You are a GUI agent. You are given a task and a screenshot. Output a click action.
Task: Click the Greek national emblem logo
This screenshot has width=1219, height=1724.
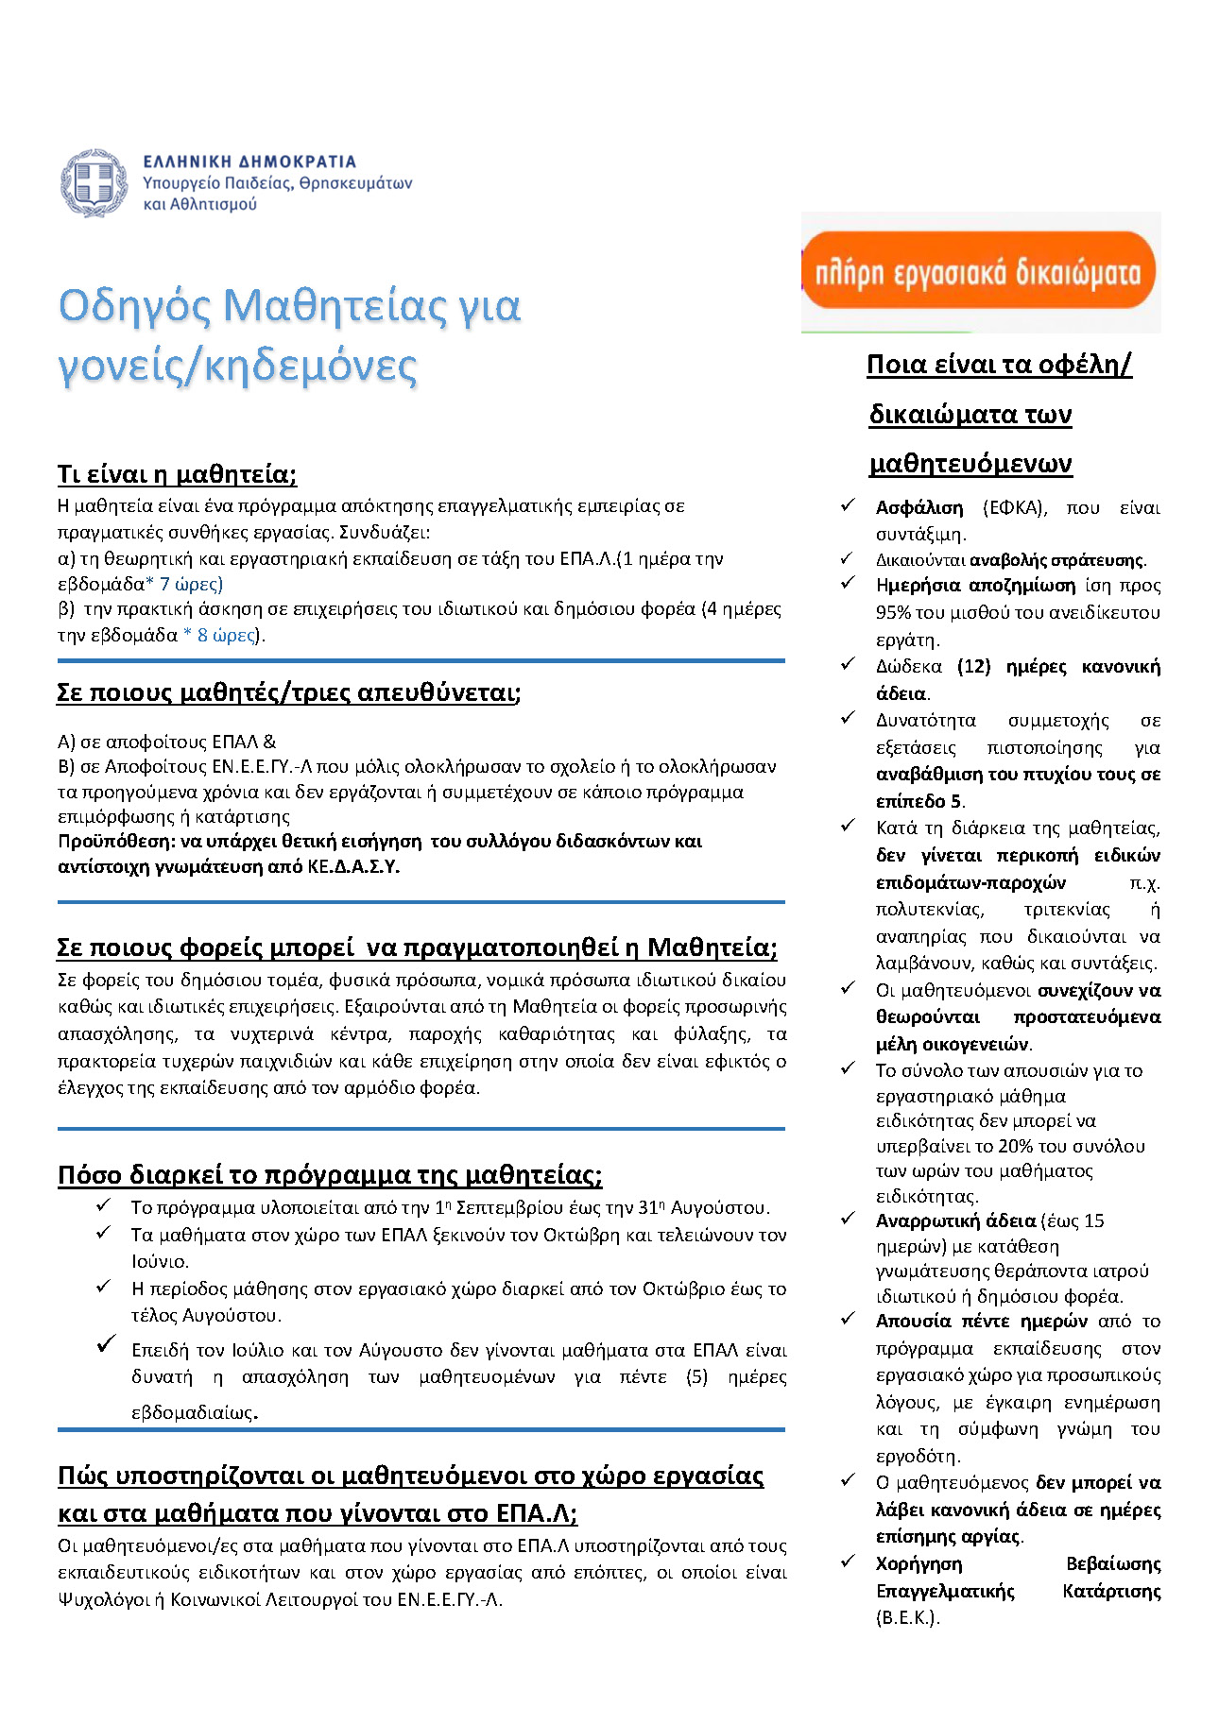pyautogui.click(x=94, y=182)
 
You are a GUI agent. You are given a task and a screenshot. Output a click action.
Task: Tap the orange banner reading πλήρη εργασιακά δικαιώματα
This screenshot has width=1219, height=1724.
pyautogui.click(x=980, y=271)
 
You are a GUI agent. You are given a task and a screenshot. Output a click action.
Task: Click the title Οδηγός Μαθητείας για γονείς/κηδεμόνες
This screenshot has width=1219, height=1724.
pyautogui.click(x=289, y=335)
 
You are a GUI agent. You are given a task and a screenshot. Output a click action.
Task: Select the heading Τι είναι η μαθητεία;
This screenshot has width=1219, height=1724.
pyautogui.click(x=177, y=473)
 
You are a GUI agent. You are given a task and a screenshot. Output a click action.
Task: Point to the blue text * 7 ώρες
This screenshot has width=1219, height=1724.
pyautogui.click(x=184, y=584)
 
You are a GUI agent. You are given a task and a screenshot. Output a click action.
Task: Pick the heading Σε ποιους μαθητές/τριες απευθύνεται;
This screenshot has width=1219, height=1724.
pyautogui.click(x=288, y=692)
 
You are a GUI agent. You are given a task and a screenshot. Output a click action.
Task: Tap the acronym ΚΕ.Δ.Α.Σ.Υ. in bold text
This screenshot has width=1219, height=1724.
pyautogui.click(x=353, y=866)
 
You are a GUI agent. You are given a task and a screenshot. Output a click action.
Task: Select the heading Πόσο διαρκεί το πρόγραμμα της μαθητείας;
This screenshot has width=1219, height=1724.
pyautogui.click(x=330, y=1174)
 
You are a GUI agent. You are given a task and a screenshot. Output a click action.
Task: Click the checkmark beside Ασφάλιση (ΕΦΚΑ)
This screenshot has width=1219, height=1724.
pyautogui.click(x=848, y=506)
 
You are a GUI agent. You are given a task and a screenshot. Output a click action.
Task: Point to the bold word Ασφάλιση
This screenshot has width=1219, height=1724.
pyautogui.click(x=919, y=508)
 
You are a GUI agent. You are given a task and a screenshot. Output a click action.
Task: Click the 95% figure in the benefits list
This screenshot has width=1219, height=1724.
pyautogui.click(x=893, y=612)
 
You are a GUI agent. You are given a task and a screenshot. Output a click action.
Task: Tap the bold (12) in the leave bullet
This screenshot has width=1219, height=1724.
pyautogui.click(x=973, y=666)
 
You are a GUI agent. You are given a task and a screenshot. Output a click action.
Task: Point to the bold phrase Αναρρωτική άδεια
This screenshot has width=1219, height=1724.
pyautogui.click(x=955, y=1220)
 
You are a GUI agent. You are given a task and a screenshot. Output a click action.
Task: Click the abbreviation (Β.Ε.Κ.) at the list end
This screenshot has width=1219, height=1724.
pyautogui.click(x=908, y=1617)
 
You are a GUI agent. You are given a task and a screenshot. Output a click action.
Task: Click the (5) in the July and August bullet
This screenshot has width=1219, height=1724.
pyautogui.click(x=696, y=1376)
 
